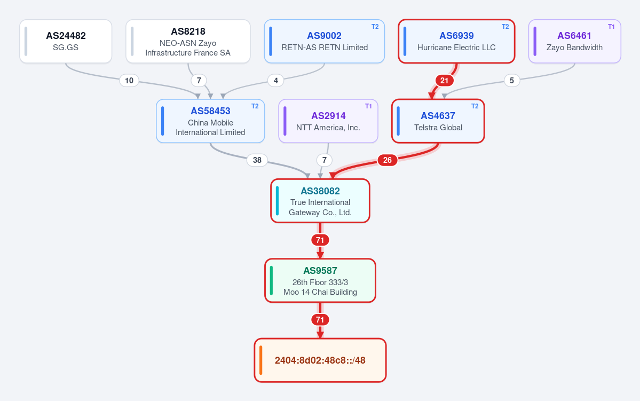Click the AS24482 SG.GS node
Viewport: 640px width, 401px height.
(66, 41)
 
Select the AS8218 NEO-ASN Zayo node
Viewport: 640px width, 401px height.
(188, 41)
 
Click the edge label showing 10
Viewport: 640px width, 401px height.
(129, 81)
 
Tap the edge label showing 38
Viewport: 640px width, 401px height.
(257, 160)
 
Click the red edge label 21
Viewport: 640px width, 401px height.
(445, 81)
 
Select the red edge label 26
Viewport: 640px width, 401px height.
(388, 160)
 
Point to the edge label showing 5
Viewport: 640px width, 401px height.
(512, 81)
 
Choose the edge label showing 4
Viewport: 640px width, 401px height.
(276, 81)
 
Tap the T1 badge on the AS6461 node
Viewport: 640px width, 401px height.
(611, 27)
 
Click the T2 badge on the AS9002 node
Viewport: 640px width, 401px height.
(375, 27)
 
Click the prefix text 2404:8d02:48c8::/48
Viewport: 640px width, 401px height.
(320, 360)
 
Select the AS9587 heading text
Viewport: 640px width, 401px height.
(320, 271)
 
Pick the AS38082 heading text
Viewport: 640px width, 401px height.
(320, 191)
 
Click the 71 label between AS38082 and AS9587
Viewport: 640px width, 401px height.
(320, 240)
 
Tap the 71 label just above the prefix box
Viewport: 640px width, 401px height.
(320, 320)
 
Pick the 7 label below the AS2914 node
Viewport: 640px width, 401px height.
(325, 160)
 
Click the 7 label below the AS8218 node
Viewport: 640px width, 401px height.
(199, 81)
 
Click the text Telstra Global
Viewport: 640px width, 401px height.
(438, 128)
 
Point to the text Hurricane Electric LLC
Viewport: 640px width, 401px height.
(456, 48)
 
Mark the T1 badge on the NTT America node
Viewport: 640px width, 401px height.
(368, 106)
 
